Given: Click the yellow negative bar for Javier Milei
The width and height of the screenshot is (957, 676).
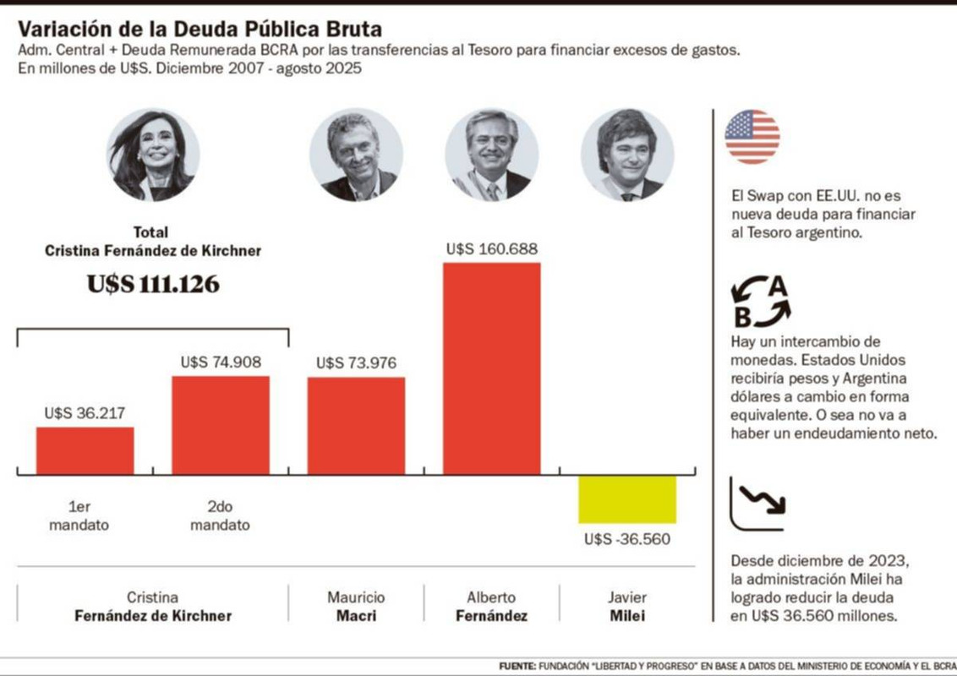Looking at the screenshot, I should click(x=627, y=499).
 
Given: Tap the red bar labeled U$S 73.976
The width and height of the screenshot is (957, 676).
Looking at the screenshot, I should click(x=356, y=425).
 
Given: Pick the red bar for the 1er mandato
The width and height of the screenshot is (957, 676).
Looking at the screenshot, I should click(x=85, y=450).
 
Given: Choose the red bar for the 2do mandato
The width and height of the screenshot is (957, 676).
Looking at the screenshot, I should click(x=221, y=425).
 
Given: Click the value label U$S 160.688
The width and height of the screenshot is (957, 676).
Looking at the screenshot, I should click(x=491, y=249).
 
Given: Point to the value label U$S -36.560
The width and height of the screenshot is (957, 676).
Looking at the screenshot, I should click(x=626, y=539).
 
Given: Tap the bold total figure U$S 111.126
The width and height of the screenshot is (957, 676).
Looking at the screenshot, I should click(x=153, y=285).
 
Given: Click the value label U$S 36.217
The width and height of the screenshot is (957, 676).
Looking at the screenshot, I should click(x=85, y=414).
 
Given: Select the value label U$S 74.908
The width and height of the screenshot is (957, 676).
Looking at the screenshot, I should click(x=221, y=363).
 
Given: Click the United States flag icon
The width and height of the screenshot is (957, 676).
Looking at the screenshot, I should click(x=752, y=137).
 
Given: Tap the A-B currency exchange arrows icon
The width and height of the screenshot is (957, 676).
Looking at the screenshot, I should click(x=760, y=302).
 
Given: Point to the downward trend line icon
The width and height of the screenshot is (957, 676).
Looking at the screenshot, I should click(x=757, y=504).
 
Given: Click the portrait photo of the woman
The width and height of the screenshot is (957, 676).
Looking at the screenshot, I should click(x=153, y=155).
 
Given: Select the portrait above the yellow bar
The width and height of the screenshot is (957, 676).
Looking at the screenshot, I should click(x=627, y=155).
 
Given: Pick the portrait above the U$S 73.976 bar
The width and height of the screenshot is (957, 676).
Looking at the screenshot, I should click(x=356, y=155).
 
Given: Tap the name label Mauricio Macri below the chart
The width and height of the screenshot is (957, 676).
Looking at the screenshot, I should click(x=356, y=607).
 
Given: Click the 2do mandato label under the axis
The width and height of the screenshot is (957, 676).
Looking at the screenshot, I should click(x=220, y=515).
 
